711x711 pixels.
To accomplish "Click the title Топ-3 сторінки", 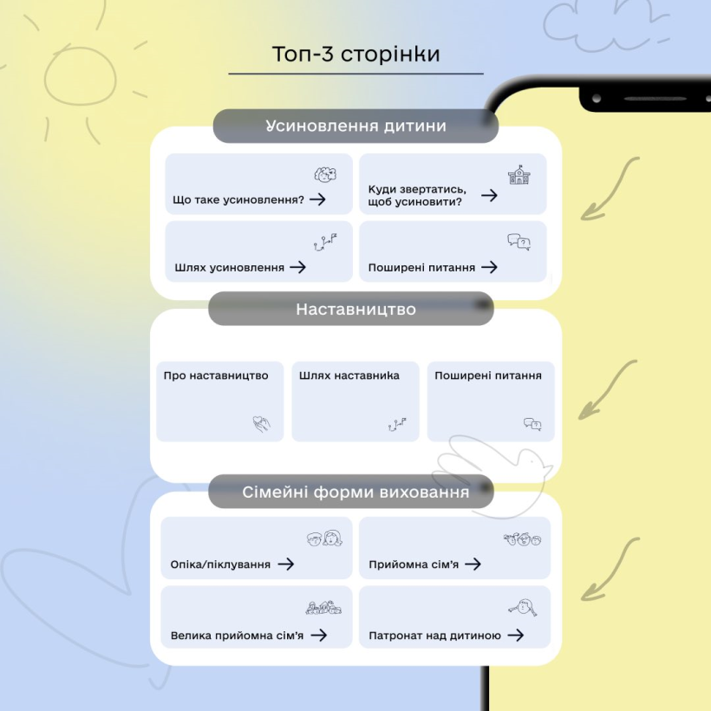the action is (x=356, y=54).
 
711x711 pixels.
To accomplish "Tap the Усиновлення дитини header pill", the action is (x=355, y=126).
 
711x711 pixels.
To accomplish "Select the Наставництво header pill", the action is (x=351, y=309).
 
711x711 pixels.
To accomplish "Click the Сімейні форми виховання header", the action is (x=351, y=492).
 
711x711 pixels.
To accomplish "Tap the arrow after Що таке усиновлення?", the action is (x=318, y=199).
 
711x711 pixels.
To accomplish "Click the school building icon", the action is (x=519, y=174).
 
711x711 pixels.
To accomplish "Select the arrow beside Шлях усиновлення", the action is (x=298, y=267).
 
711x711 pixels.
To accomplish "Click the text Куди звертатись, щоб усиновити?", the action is (x=417, y=195).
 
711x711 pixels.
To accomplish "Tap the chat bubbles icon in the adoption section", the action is (x=519, y=242).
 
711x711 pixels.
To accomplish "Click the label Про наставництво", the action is (x=216, y=375).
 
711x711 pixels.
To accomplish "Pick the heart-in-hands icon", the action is (x=261, y=423).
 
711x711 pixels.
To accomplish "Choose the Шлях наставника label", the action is (x=349, y=375).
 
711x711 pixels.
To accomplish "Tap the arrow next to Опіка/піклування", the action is (x=286, y=564).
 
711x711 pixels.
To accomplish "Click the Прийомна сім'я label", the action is (x=414, y=564).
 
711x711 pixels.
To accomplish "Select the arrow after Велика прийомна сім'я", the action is (x=319, y=635).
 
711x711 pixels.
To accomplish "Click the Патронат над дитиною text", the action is (x=435, y=636).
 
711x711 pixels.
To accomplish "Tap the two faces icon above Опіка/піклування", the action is (x=324, y=538).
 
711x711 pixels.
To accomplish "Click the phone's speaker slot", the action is (x=656, y=98).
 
